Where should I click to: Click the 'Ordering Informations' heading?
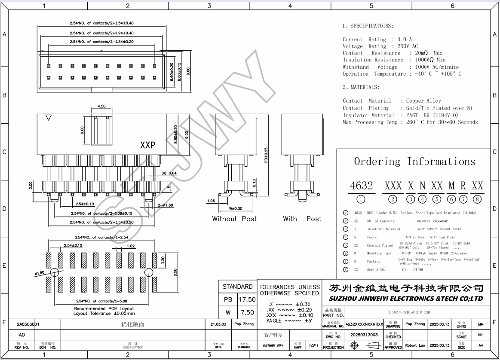click(x=414, y=162)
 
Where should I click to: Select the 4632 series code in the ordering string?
click(x=361, y=186)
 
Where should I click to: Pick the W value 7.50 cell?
click(x=246, y=313)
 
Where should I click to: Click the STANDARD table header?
click(x=237, y=287)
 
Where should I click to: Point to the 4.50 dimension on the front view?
click(x=102, y=106)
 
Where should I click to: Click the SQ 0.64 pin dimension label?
click(x=169, y=173)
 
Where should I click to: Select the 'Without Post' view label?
click(x=234, y=219)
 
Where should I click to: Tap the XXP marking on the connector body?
click(x=147, y=146)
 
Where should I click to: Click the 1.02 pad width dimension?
click(x=131, y=246)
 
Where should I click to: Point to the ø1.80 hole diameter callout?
click(x=40, y=272)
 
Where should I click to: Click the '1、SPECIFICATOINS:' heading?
click(x=368, y=26)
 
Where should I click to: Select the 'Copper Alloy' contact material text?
click(x=423, y=101)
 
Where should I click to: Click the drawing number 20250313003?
click(x=364, y=335)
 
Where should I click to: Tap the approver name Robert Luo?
click(x=415, y=345)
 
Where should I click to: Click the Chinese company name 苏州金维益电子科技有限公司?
click(x=406, y=288)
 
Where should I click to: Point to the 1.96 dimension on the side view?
click(x=211, y=201)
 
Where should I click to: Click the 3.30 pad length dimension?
click(x=163, y=260)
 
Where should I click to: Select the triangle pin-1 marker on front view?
click(x=48, y=117)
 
